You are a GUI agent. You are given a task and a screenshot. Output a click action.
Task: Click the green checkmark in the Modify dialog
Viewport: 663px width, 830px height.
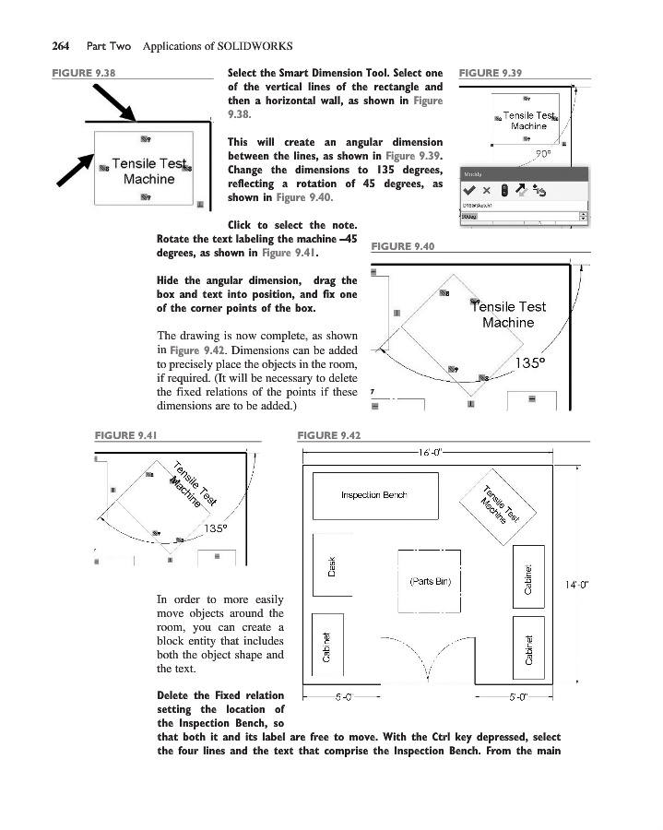(470, 190)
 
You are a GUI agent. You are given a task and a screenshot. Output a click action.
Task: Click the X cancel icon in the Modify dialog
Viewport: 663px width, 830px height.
(487, 190)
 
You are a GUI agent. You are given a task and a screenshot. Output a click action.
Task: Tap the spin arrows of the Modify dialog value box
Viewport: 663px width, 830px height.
(583, 216)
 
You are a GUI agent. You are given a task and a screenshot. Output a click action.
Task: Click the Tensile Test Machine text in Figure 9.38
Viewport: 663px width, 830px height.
(145, 172)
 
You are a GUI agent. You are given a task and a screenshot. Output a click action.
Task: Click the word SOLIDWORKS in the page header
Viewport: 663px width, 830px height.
(254, 45)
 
